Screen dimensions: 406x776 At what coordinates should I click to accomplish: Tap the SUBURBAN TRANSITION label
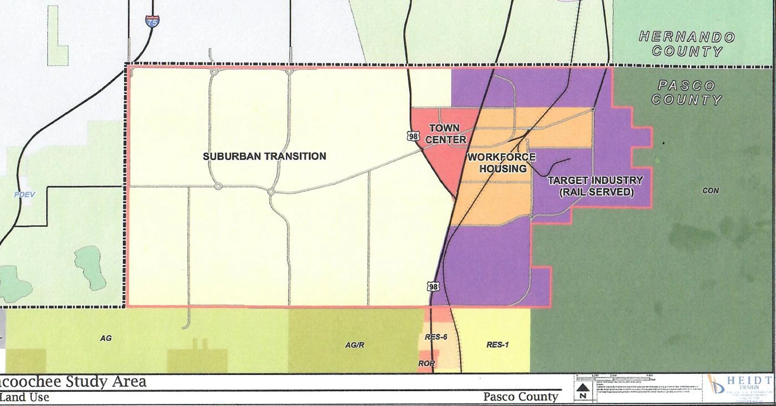(x=264, y=156)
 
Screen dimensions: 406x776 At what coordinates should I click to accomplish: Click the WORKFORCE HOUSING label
(x=502, y=163)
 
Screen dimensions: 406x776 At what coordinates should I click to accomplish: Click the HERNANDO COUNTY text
(x=687, y=44)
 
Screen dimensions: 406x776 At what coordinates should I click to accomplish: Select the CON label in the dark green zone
(x=710, y=191)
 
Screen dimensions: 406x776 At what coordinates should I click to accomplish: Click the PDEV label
(x=24, y=195)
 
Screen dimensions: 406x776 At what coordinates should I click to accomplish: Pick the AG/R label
(x=354, y=345)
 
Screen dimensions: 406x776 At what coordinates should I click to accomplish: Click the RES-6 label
(x=436, y=337)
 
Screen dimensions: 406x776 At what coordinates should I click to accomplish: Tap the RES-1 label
(x=497, y=344)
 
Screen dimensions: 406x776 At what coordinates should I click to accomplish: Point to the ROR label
(x=426, y=363)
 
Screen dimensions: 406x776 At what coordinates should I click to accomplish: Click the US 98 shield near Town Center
(x=413, y=136)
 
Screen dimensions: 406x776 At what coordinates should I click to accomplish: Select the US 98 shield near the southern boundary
(x=433, y=287)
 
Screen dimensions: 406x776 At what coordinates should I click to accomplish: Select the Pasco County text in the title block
(x=521, y=397)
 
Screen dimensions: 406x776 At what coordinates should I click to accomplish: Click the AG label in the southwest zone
(x=106, y=338)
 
